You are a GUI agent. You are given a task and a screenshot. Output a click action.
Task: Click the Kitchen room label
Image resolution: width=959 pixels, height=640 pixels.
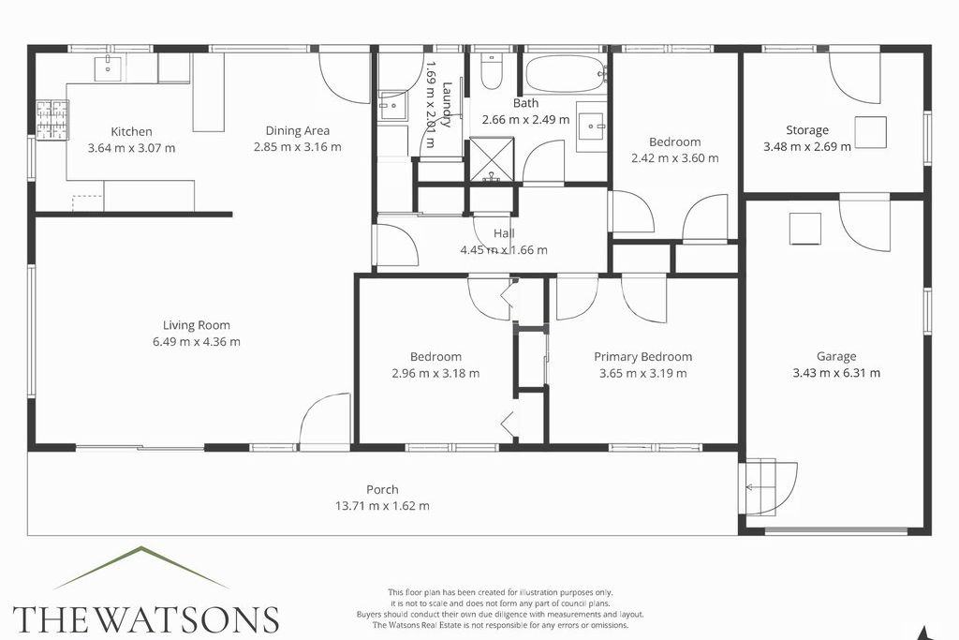pyautogui.click(x=131, y=131)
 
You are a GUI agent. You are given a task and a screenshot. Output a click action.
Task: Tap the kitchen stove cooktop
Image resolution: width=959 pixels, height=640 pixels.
pyautogui.click(x=52, y=120)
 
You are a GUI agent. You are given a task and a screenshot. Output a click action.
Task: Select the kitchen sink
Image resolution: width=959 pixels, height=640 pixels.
pyautogui.click(x=109, y=67)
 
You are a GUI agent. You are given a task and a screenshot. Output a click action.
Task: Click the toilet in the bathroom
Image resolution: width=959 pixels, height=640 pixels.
pyautogui.click(x=491, y=71)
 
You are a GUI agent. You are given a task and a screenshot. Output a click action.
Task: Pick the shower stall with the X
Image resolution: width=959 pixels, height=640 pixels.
pyautogui.click(x=491, y=159)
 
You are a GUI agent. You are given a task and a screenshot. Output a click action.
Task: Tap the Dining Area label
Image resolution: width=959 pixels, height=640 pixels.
pyautogui.click(x=297, y=130)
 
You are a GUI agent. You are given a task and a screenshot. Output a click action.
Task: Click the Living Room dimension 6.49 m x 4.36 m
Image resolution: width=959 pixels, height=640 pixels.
pyautogui.click(x=197, y=341)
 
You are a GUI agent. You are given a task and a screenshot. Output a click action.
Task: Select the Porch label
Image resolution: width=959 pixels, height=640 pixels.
pyautogui.click(x=382, y=489)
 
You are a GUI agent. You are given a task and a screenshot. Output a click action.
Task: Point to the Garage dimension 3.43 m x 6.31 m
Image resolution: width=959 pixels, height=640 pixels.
pyautogui.click(x=836, y=373)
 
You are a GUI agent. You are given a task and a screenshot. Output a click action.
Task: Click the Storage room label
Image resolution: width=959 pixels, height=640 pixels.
pyautogui.click(x=807, y=130)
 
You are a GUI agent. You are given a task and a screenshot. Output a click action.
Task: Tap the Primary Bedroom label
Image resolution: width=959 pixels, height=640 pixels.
pyautogui.click(x=642, y=357)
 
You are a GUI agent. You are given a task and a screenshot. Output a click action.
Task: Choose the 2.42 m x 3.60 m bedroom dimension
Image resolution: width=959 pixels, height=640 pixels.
pyautogui.click(x=674, y=157)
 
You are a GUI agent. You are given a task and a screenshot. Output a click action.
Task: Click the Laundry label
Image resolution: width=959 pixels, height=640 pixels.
pyautogui.click(x=447, y=104)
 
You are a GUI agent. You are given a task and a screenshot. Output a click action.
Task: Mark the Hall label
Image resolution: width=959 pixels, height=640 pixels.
pyautogui.click(x=504, y=233)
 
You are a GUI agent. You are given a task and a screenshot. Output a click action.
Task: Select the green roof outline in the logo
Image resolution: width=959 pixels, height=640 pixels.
pyautogui.click(x=142, y=567)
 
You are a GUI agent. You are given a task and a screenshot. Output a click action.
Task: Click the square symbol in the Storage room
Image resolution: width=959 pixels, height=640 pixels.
pyautogui.click(x=870, y=132)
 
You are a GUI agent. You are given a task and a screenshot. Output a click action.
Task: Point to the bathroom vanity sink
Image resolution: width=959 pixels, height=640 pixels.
pyautogui.click(x=592, y=127)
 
